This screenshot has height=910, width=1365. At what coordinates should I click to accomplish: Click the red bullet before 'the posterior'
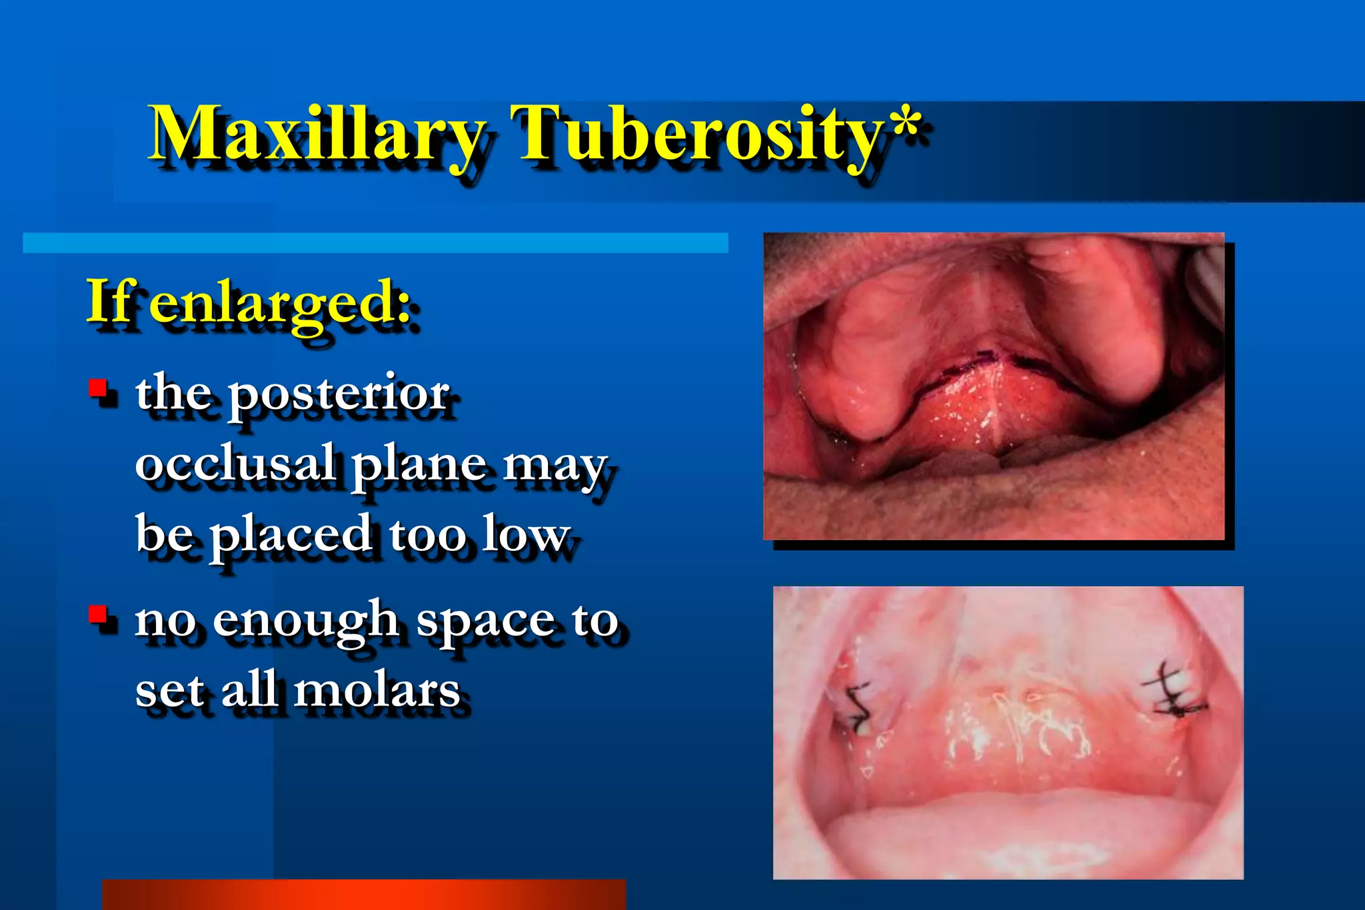[x=99, y=388]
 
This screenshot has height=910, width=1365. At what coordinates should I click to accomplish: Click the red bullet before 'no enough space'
[x=99, y=614]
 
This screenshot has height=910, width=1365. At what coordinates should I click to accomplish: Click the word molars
[x=377, y=690]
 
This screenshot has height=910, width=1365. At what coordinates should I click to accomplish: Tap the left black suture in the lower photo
[x=857, y=706]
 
